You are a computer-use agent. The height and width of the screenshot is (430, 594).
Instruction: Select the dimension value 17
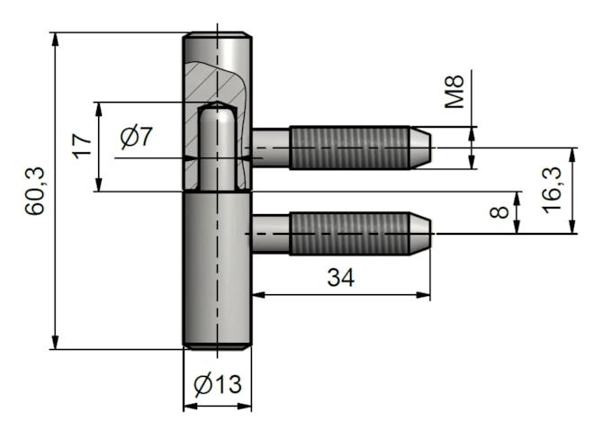(x=82, y=146)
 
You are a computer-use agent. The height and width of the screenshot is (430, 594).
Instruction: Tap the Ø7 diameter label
(x=137, y=138)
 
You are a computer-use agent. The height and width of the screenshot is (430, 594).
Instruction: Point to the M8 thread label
(x=455, y=93)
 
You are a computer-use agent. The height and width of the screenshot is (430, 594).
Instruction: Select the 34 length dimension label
(x=340, y=278)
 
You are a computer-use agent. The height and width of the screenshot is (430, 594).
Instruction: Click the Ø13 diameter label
(x=217, y=385)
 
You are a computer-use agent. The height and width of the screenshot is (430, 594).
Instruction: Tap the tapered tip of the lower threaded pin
(x=420, y=233)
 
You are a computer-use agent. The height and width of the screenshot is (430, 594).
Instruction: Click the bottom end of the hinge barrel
(x=217, y=344)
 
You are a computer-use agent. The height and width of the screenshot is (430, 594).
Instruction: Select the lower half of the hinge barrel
(x=217, y=270)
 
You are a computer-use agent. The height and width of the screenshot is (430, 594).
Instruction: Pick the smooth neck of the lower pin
(x=270, y=233)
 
